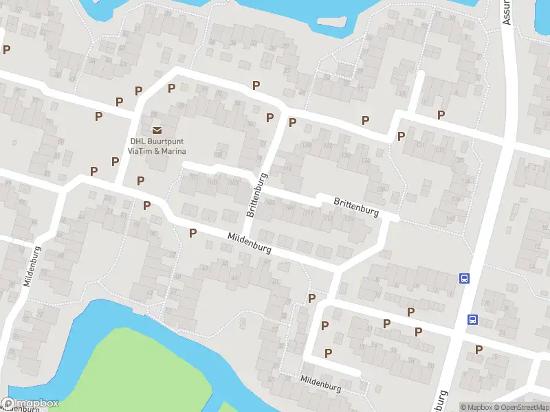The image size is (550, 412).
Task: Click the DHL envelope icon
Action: pos(157,130)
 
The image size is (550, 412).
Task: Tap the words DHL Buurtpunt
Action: pos(158,142)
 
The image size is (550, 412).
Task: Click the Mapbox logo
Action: pos(30,404)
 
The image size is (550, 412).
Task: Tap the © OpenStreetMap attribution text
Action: pos(522,407)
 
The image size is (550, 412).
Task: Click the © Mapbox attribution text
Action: pos(476,407)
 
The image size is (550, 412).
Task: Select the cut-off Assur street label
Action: pos(507,12)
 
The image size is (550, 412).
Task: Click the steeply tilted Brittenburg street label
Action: pos(256,196)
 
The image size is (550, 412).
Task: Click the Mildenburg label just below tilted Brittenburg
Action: pos(249,243)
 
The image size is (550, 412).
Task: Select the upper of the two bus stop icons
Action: pos(465,278)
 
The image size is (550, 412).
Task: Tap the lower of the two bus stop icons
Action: pos(473,319)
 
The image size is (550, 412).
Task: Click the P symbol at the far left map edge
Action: pos(7,49)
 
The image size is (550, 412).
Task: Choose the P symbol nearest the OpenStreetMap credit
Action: pos(479,350)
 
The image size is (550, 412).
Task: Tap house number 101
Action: pos(193,177)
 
